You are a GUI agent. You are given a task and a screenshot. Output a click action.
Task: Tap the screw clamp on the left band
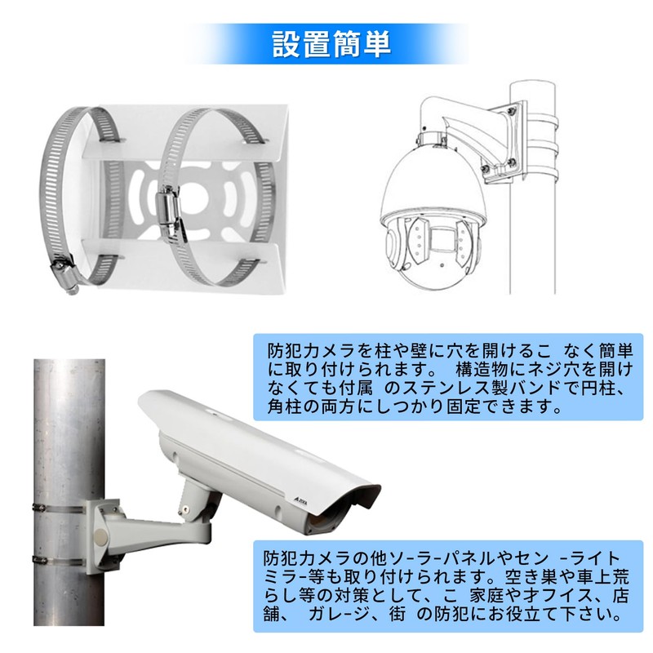(x=61, y=270)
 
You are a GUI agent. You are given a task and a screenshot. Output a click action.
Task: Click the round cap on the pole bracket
(x=100, y=536)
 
